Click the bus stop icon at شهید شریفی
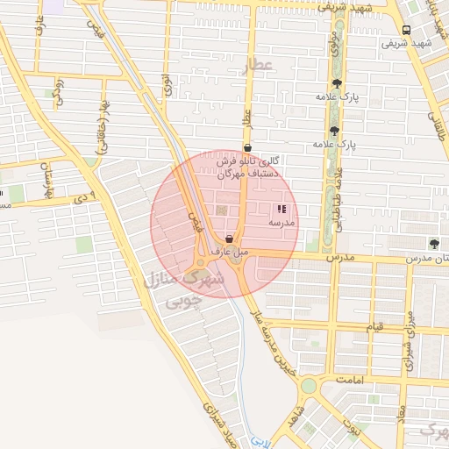pos(406,30)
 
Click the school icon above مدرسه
pos(282,210)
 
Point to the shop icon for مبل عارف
pos(229,239)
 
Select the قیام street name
pos(374,327)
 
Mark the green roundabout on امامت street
pos(308,386)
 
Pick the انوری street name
pos(166,86)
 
